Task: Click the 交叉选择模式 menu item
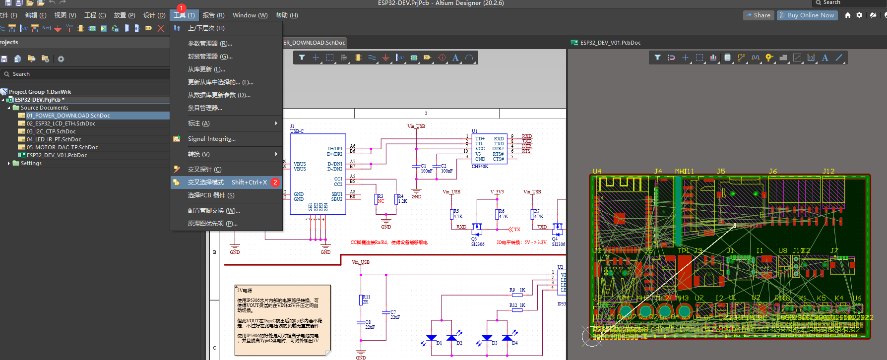coord(206,182)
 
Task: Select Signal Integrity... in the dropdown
coord(211,139)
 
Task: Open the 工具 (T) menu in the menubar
coord(184,15)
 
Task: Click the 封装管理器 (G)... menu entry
coord(210,57)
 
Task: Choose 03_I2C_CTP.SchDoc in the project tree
coord(51,131)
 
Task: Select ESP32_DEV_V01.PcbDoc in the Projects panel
coord(57,155)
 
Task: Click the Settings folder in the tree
coord(31,163)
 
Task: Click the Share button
coord(758,15)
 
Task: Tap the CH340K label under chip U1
coord(479,167)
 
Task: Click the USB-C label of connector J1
coord(297,131)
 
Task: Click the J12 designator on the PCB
coord(828,171)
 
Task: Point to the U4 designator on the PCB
coord(597,171)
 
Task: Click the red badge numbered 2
coord(275,182)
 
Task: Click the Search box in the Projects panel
coord(84,74)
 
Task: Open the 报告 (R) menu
coord(213,15)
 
